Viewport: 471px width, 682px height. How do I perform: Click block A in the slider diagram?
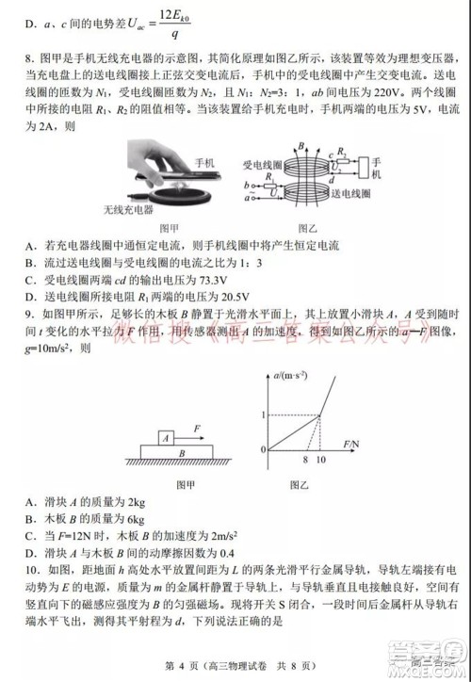tap(166, 436)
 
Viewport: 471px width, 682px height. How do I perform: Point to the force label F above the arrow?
tap(199, 426)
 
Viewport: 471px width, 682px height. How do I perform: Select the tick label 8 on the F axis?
tap(305, 462)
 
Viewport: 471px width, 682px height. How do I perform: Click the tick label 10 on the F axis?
tap(323, 462)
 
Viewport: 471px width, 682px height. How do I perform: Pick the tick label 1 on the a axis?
tap(263, 414)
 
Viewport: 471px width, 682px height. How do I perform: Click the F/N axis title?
tap(353, 442)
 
